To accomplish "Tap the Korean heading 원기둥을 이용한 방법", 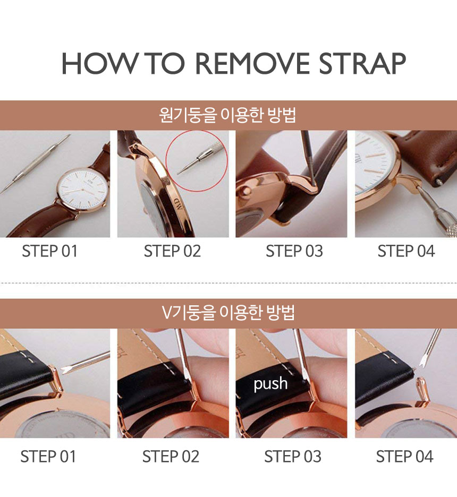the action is click(228, 115).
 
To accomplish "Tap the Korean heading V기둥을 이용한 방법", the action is click(228, 313).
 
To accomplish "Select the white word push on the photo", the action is click(270, 384).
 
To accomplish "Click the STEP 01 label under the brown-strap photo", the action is click(50, 251).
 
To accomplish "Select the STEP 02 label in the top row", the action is click(172, 251).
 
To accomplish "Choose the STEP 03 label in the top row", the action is click(294, 251).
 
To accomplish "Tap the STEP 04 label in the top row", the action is click(407, 251).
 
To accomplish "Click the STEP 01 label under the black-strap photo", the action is click(48, 457).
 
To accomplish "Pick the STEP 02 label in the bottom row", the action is click(171, 457).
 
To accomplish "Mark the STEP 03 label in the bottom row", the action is click(293, 457).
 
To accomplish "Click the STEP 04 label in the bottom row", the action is click(405, 457).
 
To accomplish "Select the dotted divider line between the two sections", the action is click(228, 282).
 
